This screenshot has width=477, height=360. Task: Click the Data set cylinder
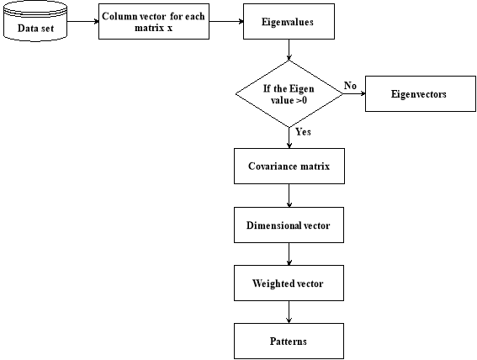click(x=35, y=21)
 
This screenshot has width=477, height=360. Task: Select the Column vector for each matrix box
click(x=154, y=21)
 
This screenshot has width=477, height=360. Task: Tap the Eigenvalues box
click(x=289, y=21)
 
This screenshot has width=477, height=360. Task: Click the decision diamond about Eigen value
click(x=289, y=93)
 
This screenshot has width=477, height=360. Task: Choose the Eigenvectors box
click(x=421, y=93)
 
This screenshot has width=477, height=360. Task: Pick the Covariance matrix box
click(x=289, y=166)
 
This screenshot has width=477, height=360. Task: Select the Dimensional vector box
click(x=289, y=225)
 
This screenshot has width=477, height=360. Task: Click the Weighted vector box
click(x=289, y=283)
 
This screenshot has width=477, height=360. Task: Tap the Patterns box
click(x=289, y=341)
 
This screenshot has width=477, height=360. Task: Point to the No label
click(x=350, y=86)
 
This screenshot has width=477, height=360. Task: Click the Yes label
click(x=304, y=132)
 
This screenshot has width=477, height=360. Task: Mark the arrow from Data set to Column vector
click(x=82, y=21)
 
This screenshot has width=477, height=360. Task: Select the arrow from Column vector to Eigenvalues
click(x=226, y=21)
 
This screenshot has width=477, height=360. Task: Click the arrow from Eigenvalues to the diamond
click(x=289, y=50)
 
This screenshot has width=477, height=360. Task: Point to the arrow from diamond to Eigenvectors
click(x=354, y=93)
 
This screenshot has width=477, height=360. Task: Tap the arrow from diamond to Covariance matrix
click(x=289, y=138)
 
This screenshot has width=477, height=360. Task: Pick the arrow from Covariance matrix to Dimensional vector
click(x=289, y=195)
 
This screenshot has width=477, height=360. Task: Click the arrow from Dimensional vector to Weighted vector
click(x=289, y=254)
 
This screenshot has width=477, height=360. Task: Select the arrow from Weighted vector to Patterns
click(x=289, y=312)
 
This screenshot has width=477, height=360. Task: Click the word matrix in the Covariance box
click(x=315, y=167)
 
